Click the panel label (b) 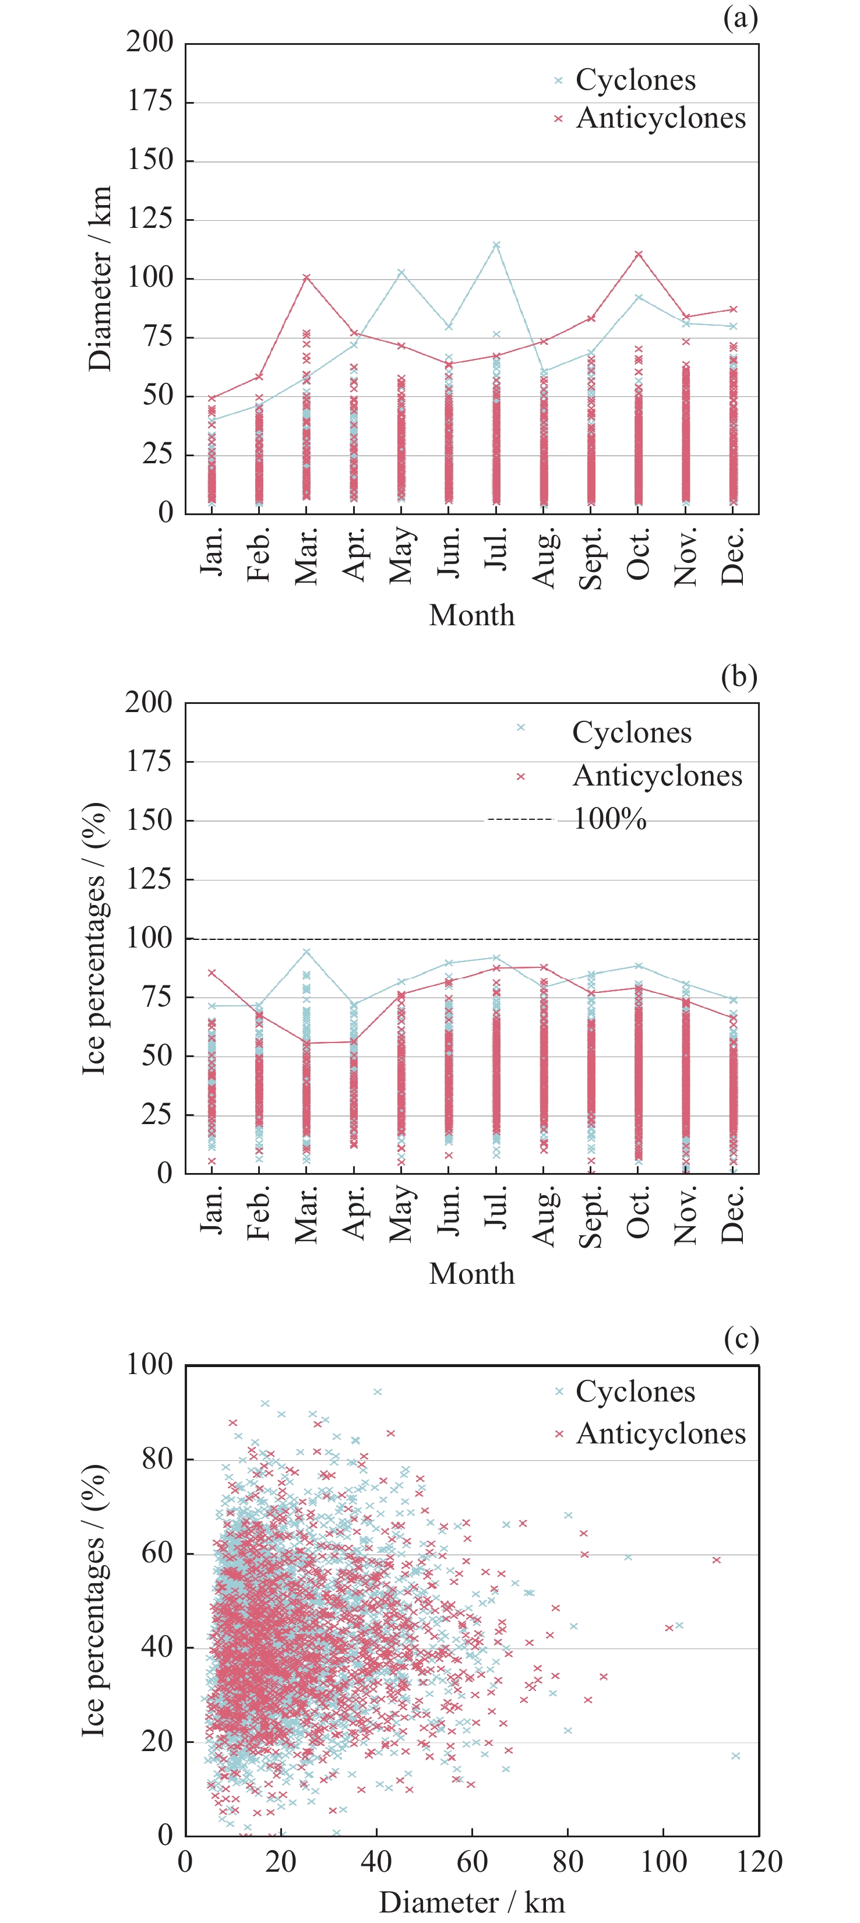coord(739,677)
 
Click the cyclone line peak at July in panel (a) coord(496,245)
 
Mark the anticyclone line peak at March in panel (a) coord(306,278)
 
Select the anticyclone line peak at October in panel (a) coord(638,255)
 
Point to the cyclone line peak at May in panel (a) coord(401,272)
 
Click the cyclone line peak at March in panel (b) coord(306,952)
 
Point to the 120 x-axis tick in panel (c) coord(759,1862)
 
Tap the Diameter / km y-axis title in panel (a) coord(99,279)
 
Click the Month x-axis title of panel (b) coord(472,1273)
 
